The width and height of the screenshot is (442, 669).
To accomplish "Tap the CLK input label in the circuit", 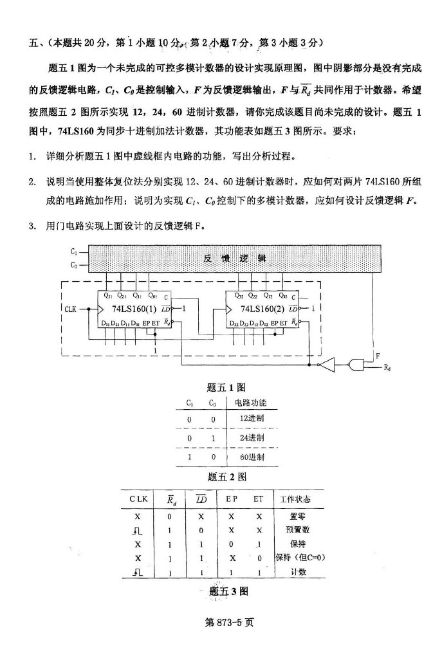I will (71, 309).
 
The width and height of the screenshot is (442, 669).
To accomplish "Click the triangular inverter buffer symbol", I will (327, 365).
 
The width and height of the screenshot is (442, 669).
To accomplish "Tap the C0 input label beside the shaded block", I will (75, 264).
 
